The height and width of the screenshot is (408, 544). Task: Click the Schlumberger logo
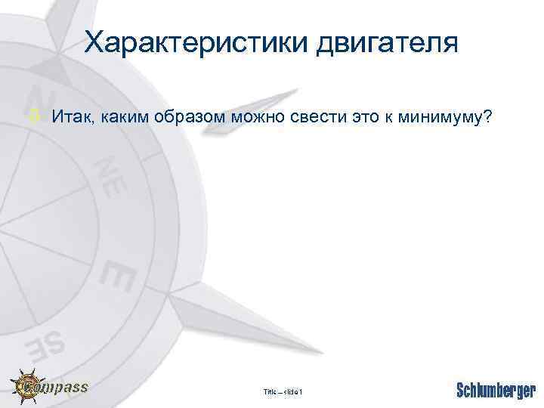[x=496, y=390]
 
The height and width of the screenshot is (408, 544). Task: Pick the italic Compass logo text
[x=63, y=387]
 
